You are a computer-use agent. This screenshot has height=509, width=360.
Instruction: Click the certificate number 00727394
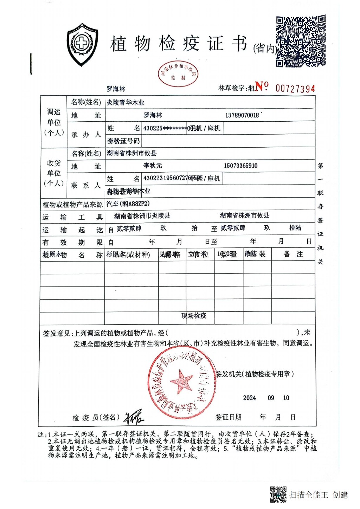(x=295, y=89)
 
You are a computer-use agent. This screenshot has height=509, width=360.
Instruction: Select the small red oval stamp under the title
(x=178, y=74)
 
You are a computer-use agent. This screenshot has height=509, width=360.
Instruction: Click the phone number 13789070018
(x=242, y=115)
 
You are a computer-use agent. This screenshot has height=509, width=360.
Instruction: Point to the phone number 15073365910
(x=240, y=166)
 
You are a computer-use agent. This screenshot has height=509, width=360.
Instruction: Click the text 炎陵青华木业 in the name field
(x=126, y=103)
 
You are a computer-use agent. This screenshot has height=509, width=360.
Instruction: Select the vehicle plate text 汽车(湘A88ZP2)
(x=128, y=204)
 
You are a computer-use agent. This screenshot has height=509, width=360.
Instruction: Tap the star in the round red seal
(x=181, y=381)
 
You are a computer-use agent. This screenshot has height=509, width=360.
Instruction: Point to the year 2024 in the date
(x=249, y=398)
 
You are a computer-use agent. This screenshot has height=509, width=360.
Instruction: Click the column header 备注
(x=293, y=254)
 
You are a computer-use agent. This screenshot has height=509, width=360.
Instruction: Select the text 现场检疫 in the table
(x=194, y=316)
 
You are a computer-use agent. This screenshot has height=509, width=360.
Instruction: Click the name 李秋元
(x=153, y=166)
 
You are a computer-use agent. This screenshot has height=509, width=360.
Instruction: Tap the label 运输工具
(x=72, y=217)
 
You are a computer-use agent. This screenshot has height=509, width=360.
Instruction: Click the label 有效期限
(x=72, y=243)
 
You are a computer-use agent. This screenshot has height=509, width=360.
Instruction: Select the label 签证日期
(x=229, y=417)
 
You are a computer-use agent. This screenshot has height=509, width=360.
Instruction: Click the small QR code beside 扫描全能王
(x=278, y=494)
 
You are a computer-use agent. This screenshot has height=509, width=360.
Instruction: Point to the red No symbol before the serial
(x=262, y=86)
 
